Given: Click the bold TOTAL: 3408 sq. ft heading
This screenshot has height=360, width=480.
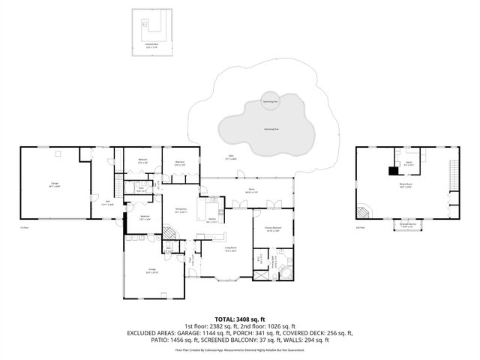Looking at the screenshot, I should coord(239,319).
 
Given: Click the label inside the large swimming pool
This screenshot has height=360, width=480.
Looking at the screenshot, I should coord(268,129).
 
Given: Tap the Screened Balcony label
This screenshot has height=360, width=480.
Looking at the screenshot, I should coord(408,223).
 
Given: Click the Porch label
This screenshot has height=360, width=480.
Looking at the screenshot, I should coord(253,190).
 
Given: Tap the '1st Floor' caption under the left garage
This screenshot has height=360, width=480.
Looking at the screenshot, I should coord(25,227).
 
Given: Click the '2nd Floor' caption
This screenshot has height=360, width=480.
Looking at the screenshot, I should coord(360,227).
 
